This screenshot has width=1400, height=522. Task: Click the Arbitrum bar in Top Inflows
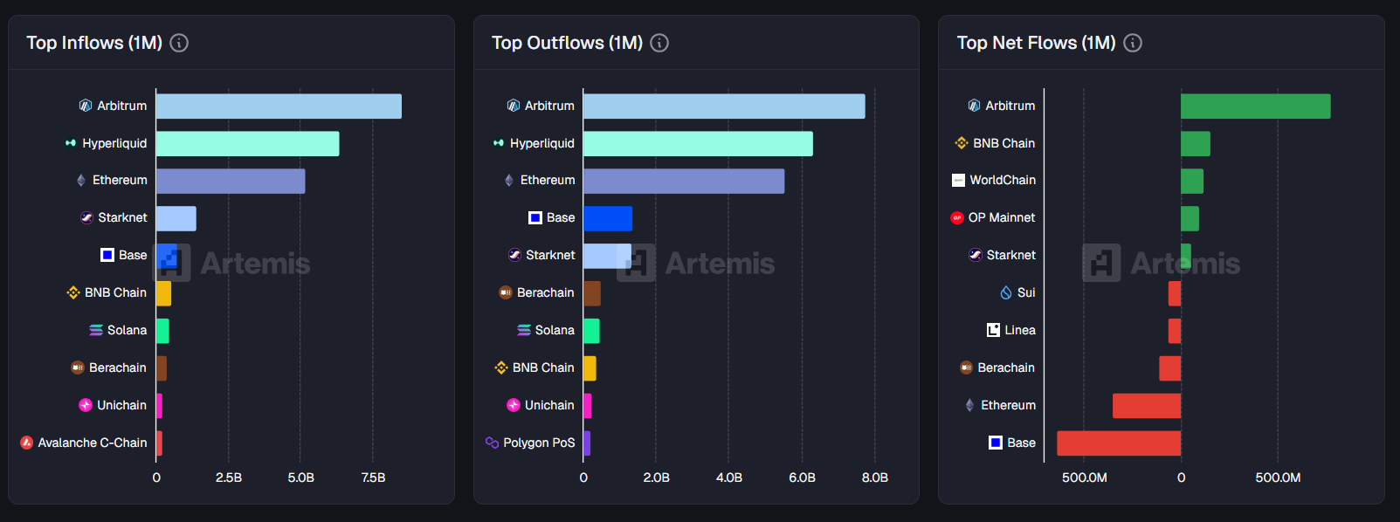[279, 106]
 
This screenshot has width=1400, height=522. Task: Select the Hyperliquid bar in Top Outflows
[698, 144]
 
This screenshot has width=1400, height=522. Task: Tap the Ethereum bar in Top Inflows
[231, 181]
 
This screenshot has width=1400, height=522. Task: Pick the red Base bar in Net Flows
[1118, 443]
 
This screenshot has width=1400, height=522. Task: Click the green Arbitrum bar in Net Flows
[1255, 106]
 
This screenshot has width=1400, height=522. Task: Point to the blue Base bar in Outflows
[607, 218]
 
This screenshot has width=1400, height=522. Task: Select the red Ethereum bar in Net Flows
[1146, 406]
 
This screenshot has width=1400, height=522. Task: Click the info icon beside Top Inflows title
[179, 43]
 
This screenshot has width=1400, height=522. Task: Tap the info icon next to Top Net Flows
[1133, 43]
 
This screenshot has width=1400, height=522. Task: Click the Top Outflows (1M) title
[567, 43]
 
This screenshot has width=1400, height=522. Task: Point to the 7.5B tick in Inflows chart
[373, 477]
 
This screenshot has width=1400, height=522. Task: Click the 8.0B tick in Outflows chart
[874, 477]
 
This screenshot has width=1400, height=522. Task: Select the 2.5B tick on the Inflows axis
[229, 477]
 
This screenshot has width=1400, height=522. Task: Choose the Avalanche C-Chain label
[92, 443]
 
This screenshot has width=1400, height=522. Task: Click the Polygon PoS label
[539, 443]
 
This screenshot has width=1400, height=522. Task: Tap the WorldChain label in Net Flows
[1002, 180]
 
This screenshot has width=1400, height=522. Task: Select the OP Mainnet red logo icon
[957, 217]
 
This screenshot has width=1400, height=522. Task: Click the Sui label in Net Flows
[1026, 292]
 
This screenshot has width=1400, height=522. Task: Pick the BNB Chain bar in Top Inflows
[163, 293]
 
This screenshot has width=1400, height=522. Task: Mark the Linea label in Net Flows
[1019, 330]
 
